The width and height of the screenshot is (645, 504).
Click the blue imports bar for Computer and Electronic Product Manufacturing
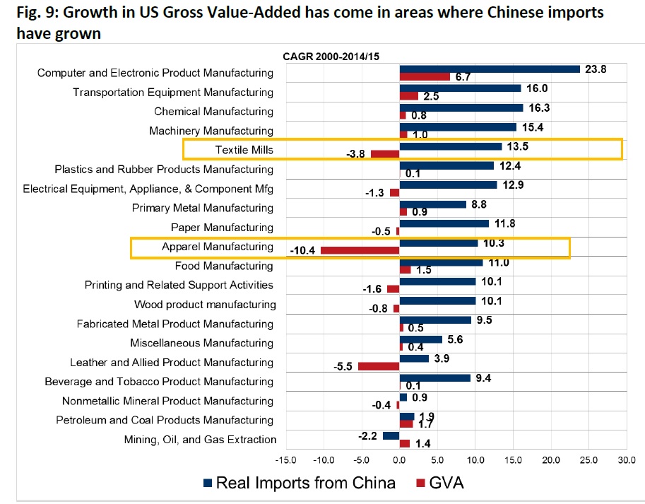[490, 69]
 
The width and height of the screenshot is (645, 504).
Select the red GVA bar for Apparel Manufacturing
[360, 250]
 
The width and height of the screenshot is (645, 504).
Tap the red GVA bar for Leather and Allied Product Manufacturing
[379, 366]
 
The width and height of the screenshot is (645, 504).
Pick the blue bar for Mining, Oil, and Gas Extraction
[391, 435]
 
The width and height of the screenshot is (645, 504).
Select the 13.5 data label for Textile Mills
[519, 147]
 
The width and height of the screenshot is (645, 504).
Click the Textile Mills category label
[244, 150]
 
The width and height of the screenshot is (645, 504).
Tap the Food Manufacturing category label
[224, 266]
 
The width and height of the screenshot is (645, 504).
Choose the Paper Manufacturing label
[222, 227]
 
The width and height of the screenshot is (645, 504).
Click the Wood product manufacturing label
[205, 305]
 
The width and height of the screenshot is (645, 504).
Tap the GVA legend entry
[439, 484]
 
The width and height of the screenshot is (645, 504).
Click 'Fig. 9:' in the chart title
[32, 13]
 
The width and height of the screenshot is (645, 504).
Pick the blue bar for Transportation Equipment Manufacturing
[460, 88]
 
